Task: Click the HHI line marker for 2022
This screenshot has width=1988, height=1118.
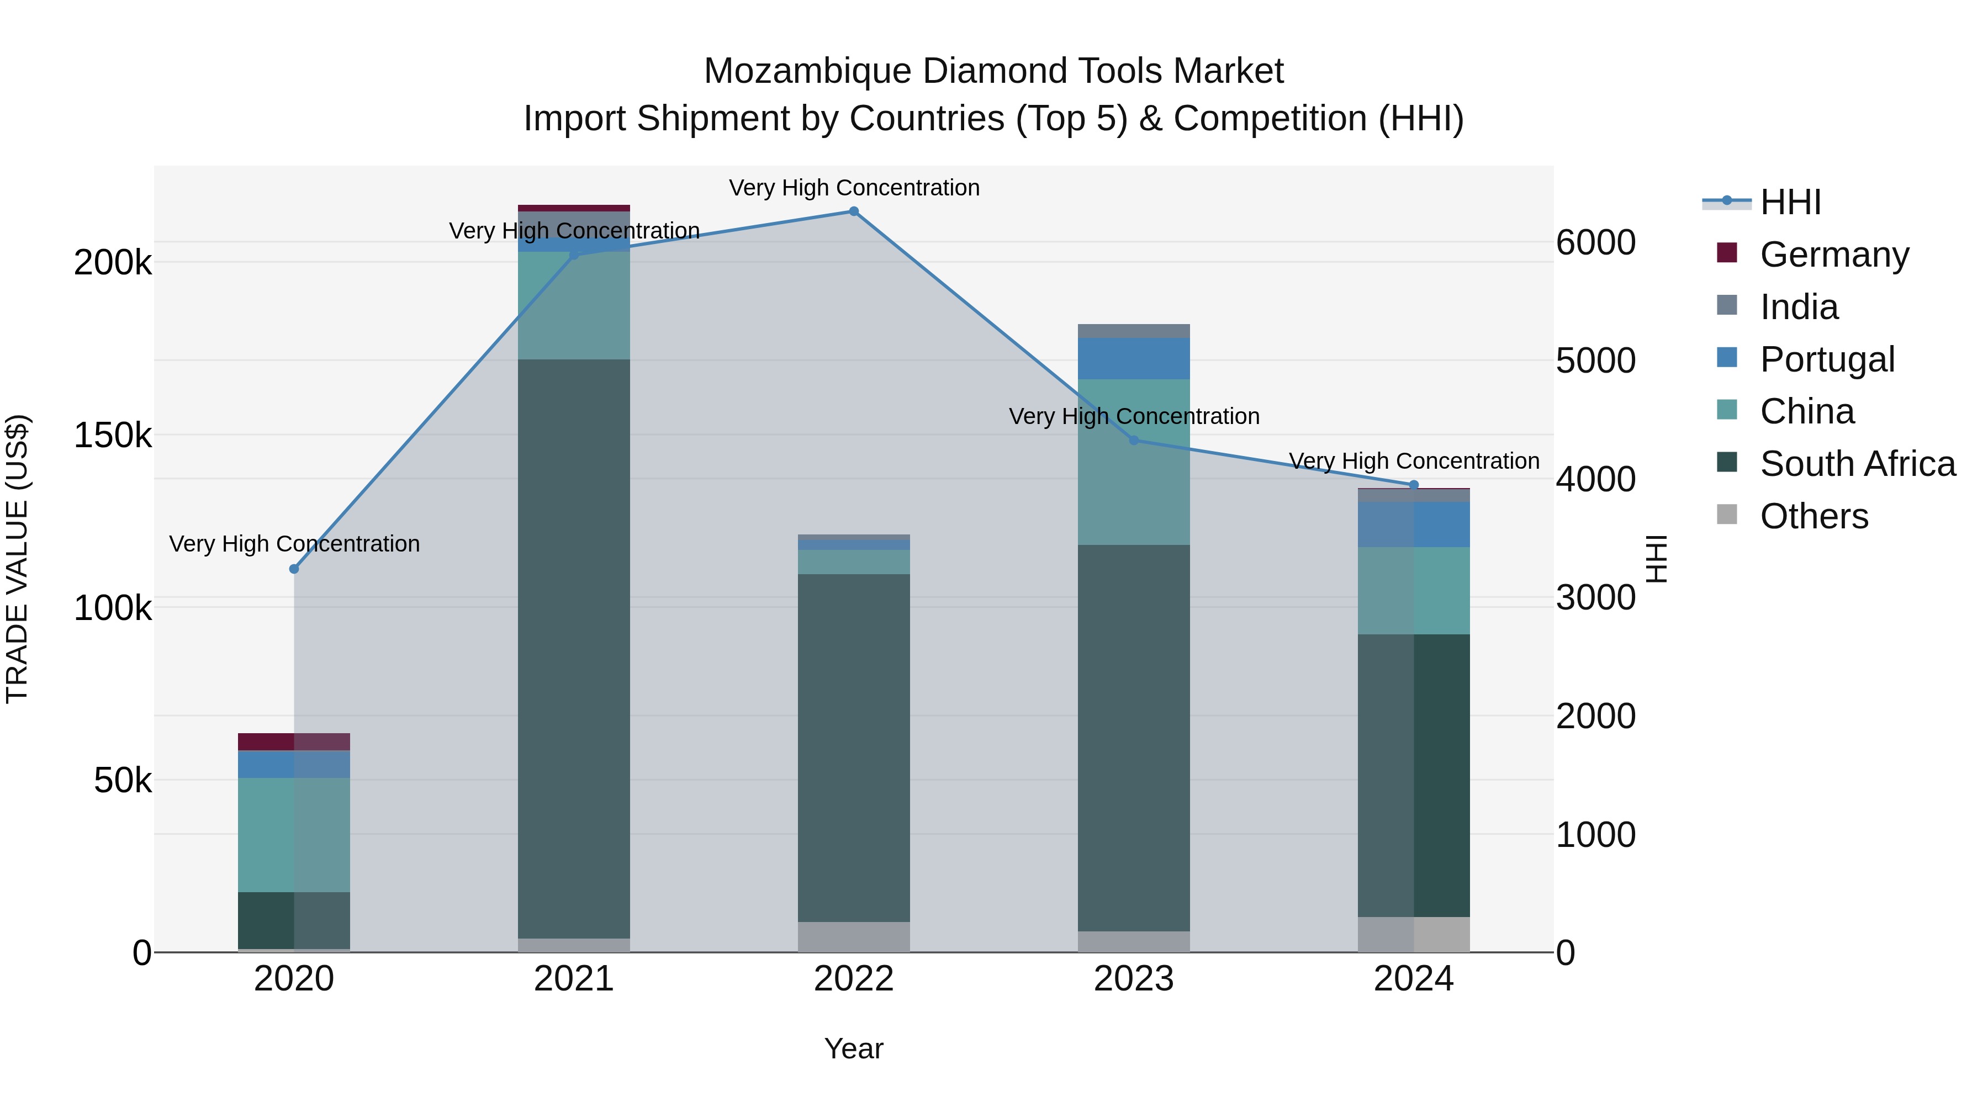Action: [x=854, y=211]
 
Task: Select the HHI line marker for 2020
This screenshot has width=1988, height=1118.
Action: [x=294, y=569]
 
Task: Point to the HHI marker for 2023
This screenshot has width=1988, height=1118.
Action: [x=1134, y=441]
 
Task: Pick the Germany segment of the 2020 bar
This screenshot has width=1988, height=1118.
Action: [x=294, y=741]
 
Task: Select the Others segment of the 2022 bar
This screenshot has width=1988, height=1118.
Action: [x=854, y=937]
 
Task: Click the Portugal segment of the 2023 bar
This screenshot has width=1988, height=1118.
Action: [x=1134, y=359]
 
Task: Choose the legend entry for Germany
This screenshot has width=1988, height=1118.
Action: [x=1833, y=255]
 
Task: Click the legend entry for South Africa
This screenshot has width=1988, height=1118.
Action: [x=1857, y=464]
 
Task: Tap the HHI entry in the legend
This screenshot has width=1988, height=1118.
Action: [x=1790, y=202]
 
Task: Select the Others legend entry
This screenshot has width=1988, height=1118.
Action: [x=1813, y=516]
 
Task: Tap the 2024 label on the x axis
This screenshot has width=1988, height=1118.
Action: [x=1413, y=979]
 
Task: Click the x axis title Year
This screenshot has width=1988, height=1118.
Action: [x=854, y=1048]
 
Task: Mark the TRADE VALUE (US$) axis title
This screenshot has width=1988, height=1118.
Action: [x=17, y=559]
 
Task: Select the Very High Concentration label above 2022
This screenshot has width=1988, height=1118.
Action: [x=854, y=188]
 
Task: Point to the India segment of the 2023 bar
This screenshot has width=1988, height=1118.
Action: [x=1134, y=331]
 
